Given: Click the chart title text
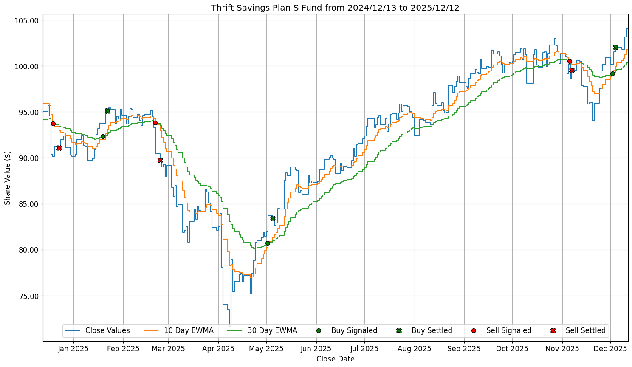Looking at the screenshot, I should pyautogui.click(x=335, y=8).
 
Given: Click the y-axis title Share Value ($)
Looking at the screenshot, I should pyautogui.click(x=7, y=178).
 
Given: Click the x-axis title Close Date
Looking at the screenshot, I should pyautogui.click(x=335, y=359).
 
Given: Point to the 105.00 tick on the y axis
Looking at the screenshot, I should pyautogui.click(x=27, y=20).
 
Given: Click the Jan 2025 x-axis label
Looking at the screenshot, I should pyautogui.click(x=73, y=349).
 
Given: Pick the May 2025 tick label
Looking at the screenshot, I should pyautogui.click(x=266, y=349).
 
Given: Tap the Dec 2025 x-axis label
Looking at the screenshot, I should pyautogui.click(x=610, y=349).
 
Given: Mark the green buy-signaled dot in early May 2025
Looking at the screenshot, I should pyautogui.click(x=268, y=243).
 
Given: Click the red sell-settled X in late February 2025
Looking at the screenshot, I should pyautogui.click(x=160, y=160).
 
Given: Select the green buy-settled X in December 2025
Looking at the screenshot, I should pyautogui.click(x=615, y=47).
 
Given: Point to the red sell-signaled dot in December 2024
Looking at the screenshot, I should pyautogui.click(x=53, y=124).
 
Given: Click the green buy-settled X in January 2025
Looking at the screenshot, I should pyautogui.click(x=107, y=111).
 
